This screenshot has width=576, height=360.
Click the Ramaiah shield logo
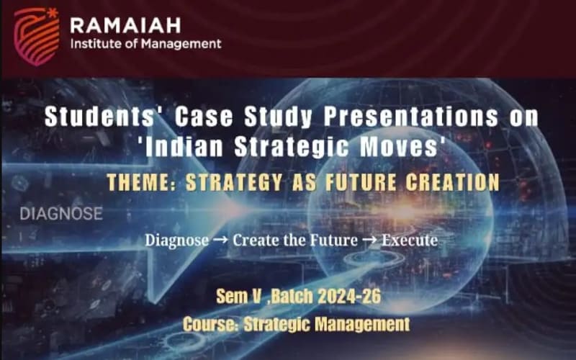point(37,36)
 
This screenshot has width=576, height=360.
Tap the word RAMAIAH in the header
point(125,26)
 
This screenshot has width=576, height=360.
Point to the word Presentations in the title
point(410,117)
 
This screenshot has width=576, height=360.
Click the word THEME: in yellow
point(143,182)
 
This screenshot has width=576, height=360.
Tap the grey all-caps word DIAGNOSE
point(61,214)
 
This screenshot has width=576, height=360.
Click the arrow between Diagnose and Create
point(220,240)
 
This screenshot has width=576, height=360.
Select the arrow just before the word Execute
point(369,240)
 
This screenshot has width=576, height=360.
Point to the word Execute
point(410,240)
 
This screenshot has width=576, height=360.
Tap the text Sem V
point(239,296)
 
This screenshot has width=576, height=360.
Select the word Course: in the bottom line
point(211,324)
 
